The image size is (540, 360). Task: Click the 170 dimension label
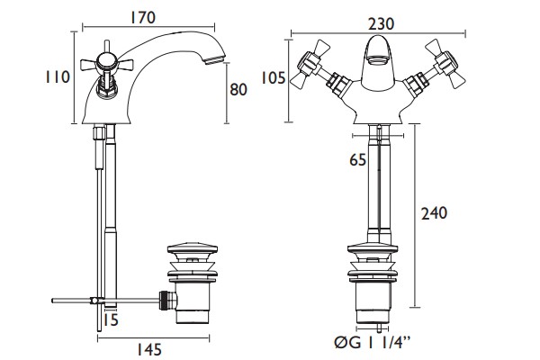click(x=142, y=18)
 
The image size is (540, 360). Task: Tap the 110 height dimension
click(x=58, y=76)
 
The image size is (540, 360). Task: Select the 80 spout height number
click(x=238, y=90)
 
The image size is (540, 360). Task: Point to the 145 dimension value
click(x=149, y=350)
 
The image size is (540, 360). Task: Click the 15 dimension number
click(x=111, y=320)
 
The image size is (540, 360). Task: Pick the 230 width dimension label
click(x=382, y=24)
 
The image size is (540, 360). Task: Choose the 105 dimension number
click(x=273, y=78)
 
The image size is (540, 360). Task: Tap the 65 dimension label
click(x=358, y=160)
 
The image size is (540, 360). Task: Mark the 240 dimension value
click(x=435, y=213)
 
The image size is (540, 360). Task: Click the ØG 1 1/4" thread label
click(x=373, y=343)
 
